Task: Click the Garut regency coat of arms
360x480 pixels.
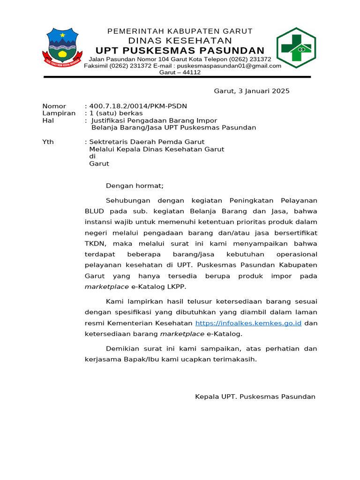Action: pos(63,47)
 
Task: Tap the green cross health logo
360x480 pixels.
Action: pos(296,47)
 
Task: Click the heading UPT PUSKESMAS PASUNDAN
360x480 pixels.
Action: pos(180,51)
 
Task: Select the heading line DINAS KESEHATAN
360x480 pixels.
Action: pos(180,41)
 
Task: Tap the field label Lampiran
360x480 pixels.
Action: pos(59,113)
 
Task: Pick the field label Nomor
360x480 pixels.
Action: pos(54,106)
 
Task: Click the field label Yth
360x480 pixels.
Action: pos(48,142)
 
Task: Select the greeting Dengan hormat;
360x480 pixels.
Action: pos(135,186)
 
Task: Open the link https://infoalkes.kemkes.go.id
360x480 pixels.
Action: pos(248,323)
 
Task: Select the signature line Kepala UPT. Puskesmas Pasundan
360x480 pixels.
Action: pos(255,397)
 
